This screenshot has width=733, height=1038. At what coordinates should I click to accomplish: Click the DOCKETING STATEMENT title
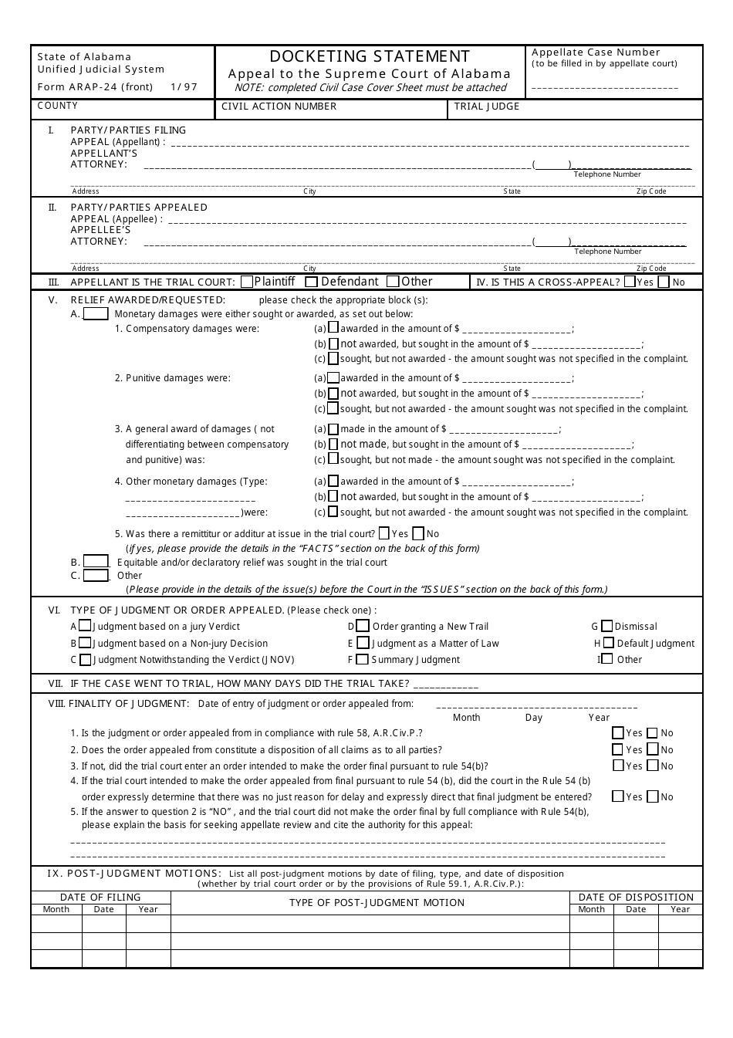(x=370, y=56)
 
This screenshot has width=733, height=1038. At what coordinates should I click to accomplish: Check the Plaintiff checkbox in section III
(x=247, y=282)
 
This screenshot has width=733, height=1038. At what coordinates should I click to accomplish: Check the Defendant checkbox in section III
(x=311, y=282)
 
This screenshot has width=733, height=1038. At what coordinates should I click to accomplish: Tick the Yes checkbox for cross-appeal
(x=630, y=282)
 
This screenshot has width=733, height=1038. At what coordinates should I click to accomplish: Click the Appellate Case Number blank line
(x=605, y=87)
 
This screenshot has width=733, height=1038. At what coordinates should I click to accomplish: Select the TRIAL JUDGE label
(x=486, y=107)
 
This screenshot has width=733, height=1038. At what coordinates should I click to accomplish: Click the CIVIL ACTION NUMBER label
(x=279, y=107)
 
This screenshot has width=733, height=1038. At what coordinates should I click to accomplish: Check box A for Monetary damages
(x=96, y=314)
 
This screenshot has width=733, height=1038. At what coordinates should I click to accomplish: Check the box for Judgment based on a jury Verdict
(x=85, y=626)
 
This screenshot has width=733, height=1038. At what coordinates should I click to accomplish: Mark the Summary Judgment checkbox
(x=362, y=659)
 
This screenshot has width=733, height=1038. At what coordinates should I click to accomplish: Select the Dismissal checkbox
(x=606, y=626)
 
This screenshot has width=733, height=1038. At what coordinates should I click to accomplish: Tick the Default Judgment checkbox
(x=609, y=642)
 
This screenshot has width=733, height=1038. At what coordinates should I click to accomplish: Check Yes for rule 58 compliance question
(x=618, y=732)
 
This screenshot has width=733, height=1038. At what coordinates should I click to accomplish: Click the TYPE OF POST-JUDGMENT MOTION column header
(x=377, y=902)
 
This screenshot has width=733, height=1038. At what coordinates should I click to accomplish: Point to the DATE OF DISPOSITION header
(x=636, y=897)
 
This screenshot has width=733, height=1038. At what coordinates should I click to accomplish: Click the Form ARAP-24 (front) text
(x=95, y=87)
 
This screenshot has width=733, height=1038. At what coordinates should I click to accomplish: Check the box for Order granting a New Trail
(x=363, y=626)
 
